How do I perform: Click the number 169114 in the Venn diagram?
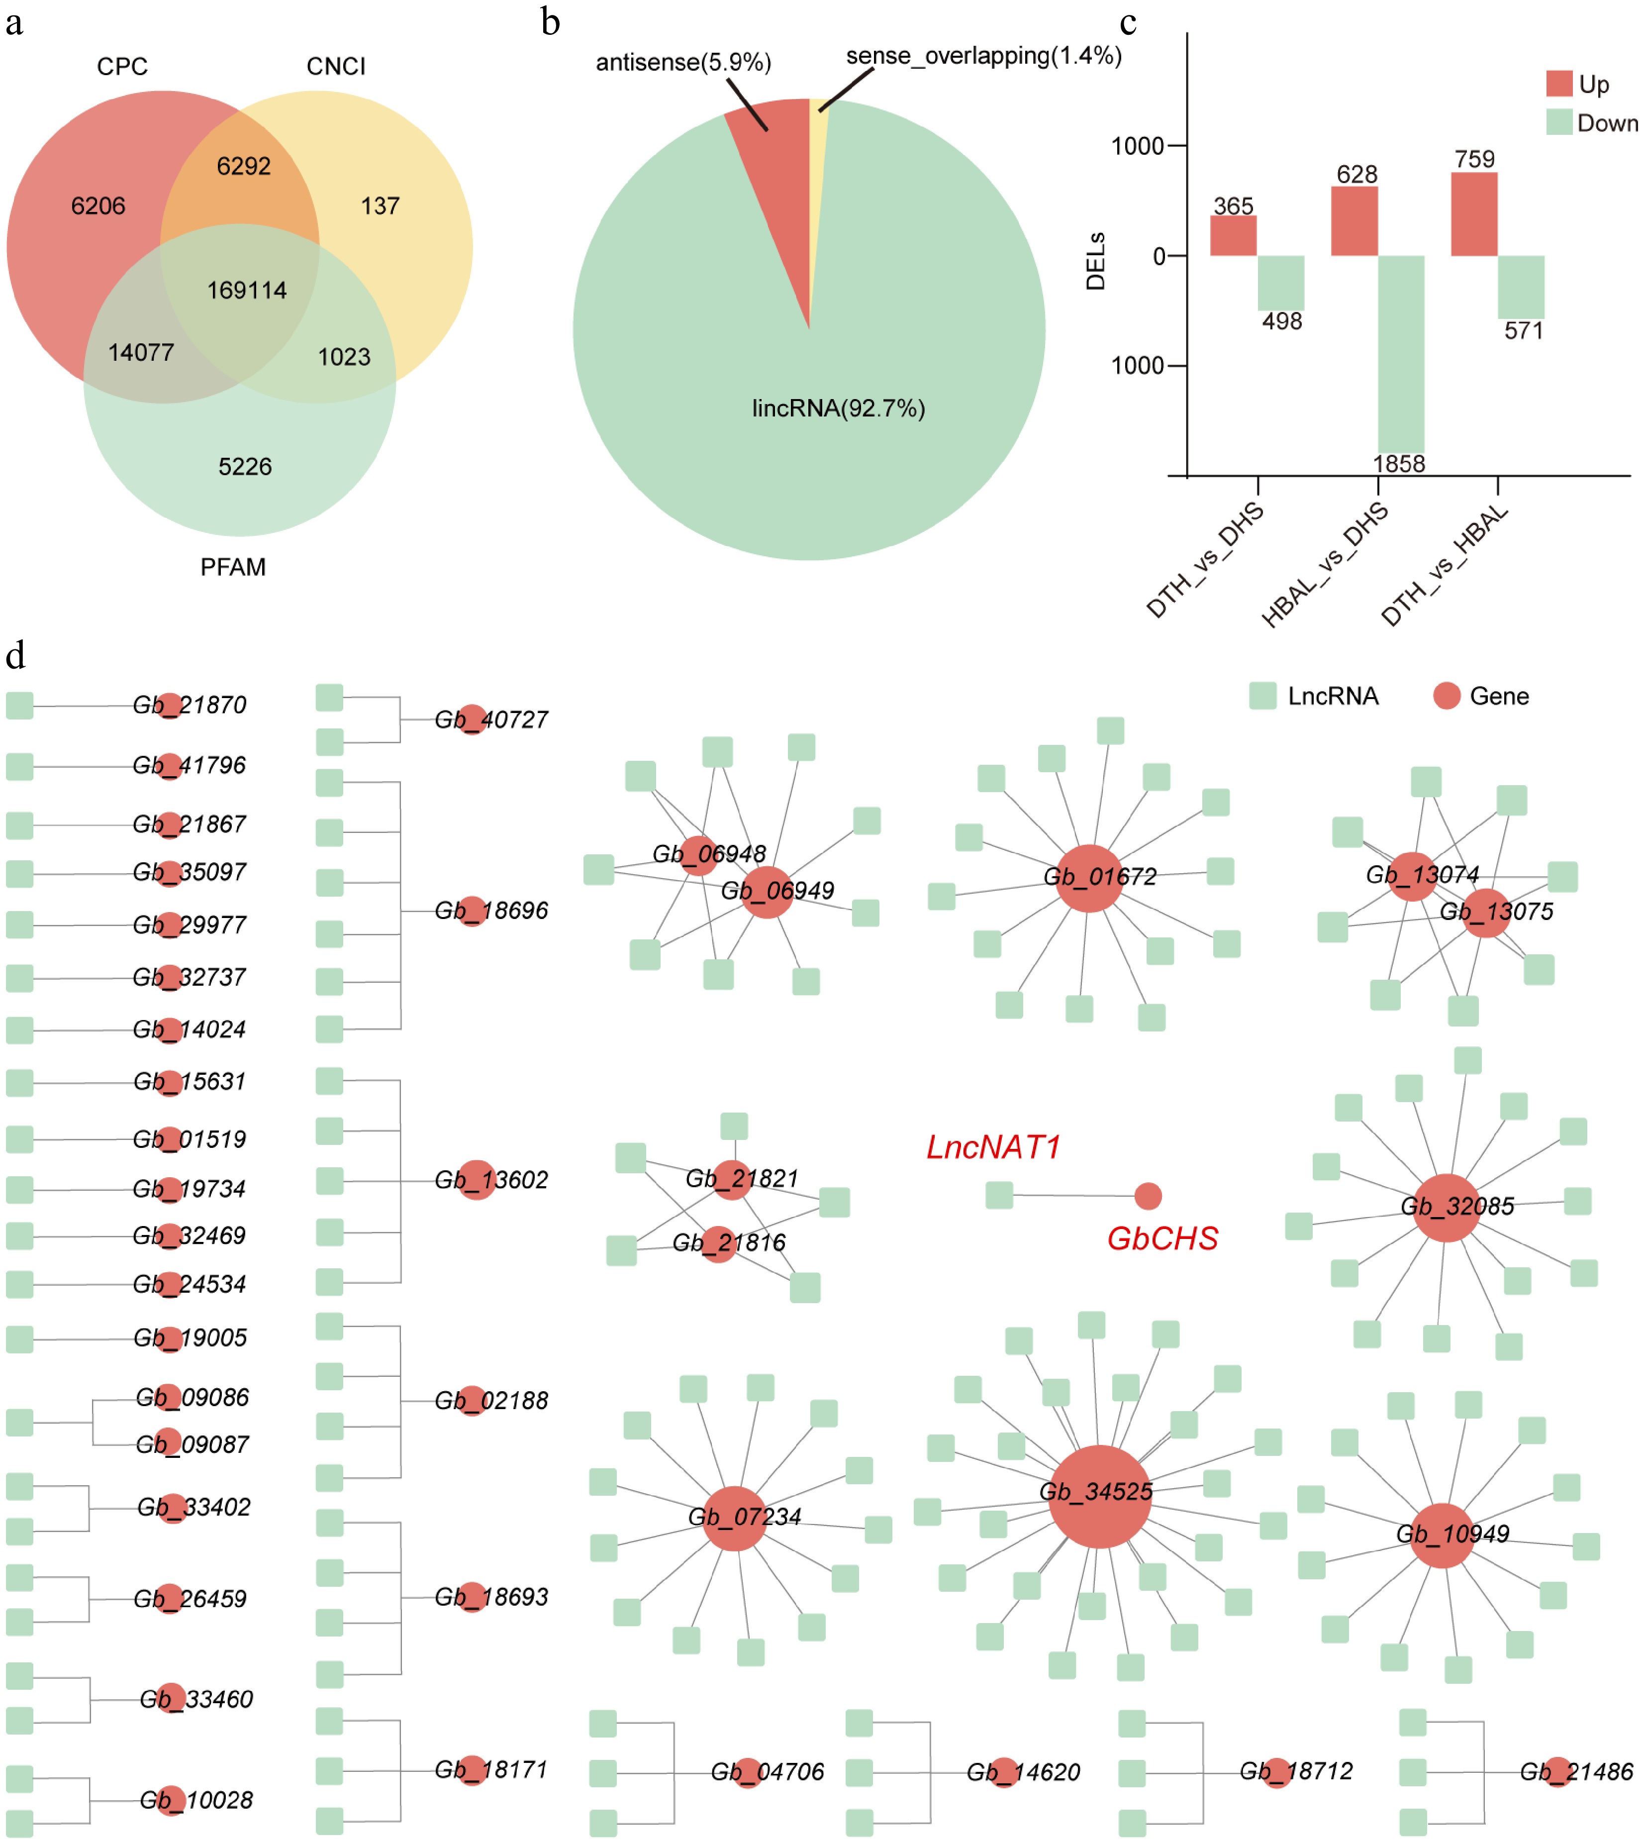tap(247, 290)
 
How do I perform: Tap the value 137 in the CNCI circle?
tap(380, 206)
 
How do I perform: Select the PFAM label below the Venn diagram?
tap(233, 567)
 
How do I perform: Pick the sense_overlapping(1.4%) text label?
tap(983, 56)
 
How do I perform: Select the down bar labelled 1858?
tap(1400, 353)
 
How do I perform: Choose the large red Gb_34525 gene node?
tap(1099, 1496)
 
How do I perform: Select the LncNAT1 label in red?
tap(993, 1147)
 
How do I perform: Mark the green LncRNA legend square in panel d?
tap(1262, 696)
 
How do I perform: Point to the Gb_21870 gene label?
tap(190, 705)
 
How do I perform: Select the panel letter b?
tap(551, 22)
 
